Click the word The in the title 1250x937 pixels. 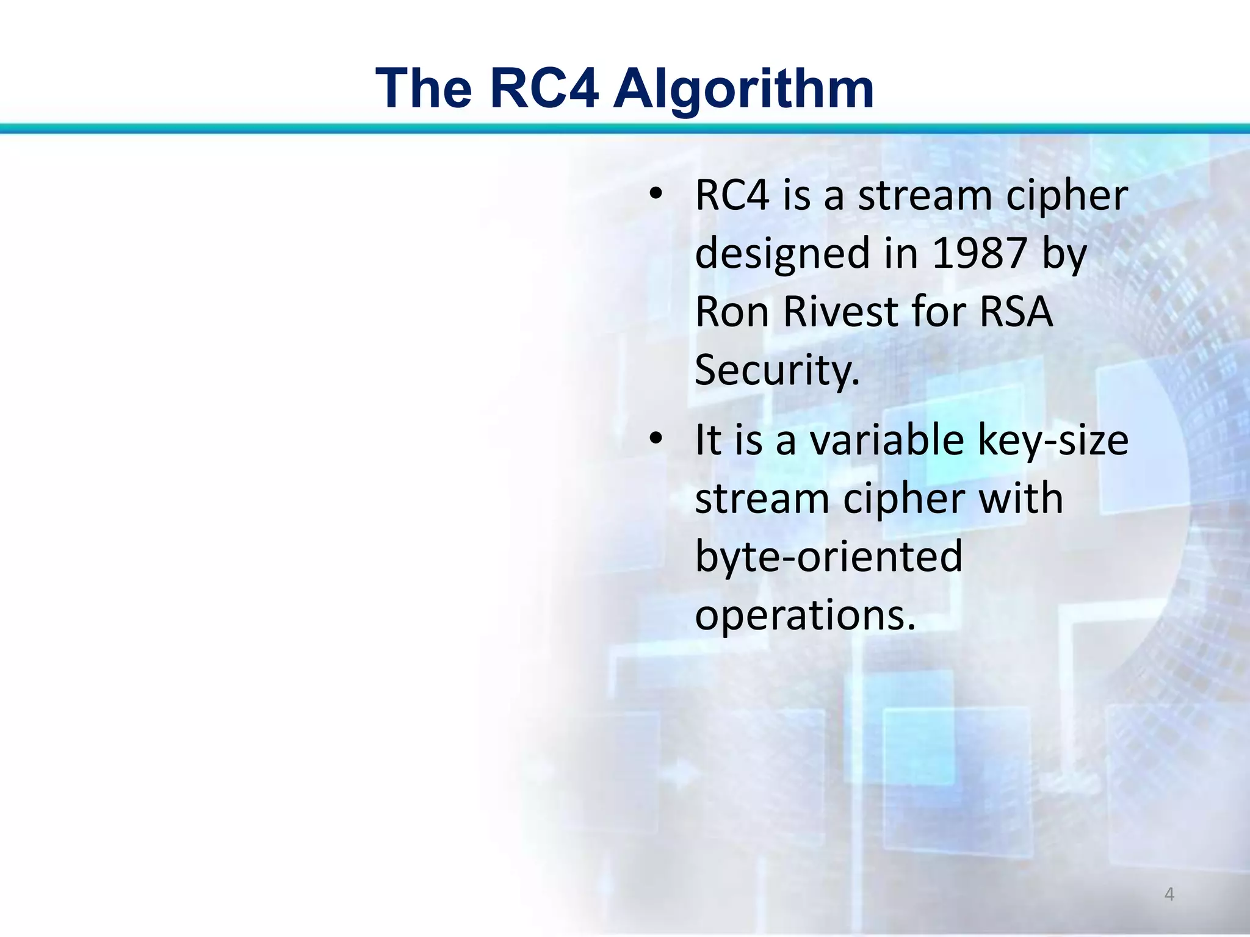tap(424, 89)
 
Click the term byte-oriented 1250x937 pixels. tap(828, 556)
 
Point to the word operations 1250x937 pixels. tap(805, 615)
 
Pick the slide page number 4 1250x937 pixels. tap(1169, 894)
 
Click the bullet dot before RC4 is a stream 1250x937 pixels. tap(656, 196)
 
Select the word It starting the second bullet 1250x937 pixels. tap(708, 440)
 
